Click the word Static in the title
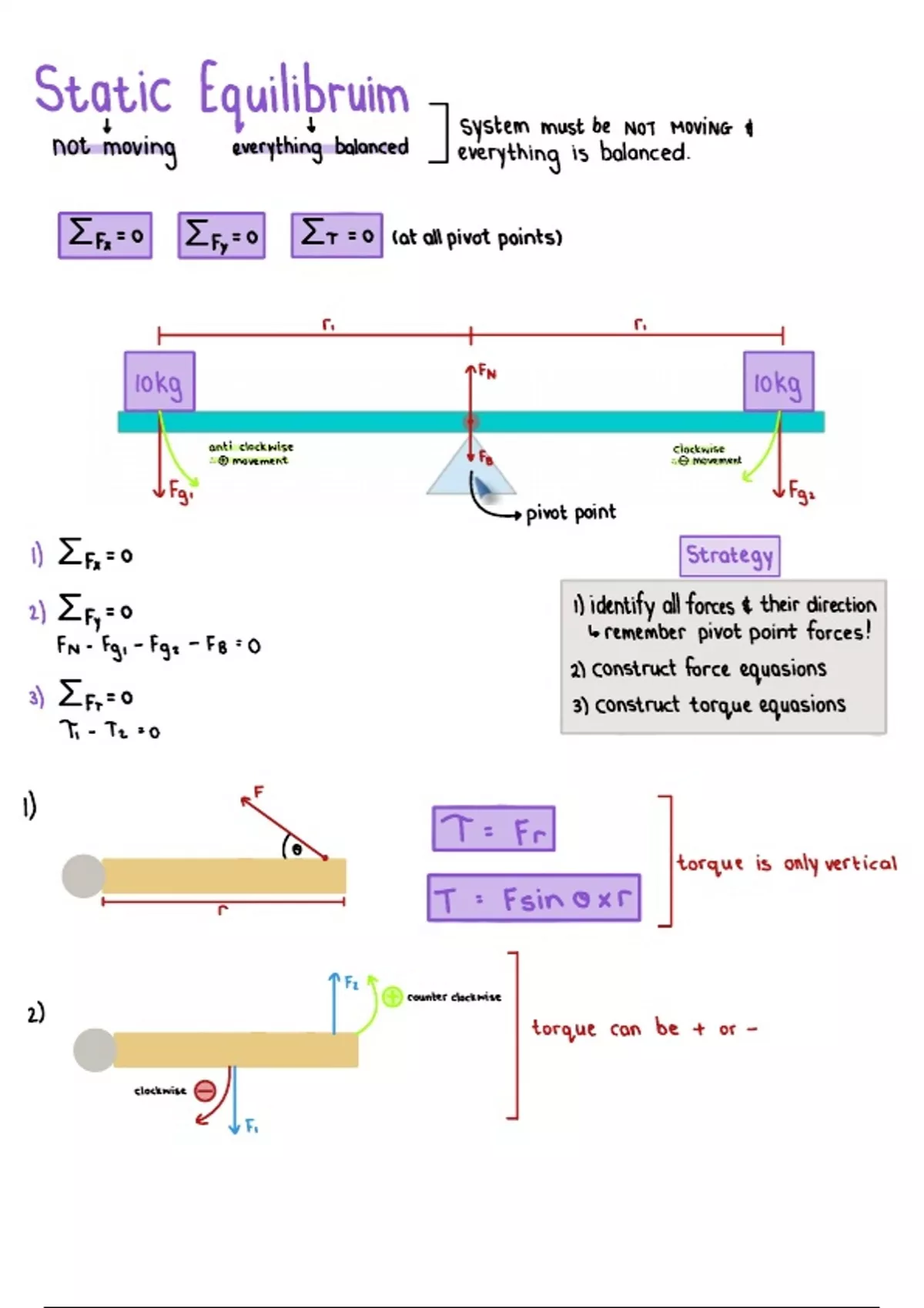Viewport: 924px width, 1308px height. [x=102, y=92]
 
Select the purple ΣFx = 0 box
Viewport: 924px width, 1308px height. [x=105, y=235]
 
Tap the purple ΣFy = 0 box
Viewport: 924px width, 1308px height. [x=222, y=235]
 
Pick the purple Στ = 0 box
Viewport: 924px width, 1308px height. [x=336, y=235]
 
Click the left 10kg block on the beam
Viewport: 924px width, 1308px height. [x=159, y=382]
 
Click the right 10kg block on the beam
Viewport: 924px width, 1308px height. [x=778, y=382]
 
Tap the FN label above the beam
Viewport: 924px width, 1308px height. [x=487, y=372]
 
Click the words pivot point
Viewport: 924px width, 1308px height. [x=571, y=513]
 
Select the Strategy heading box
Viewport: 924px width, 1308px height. [x=729, y=556]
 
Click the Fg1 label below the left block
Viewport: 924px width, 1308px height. [x=181, y=491]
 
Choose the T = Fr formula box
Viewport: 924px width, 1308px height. [x=494, y=829]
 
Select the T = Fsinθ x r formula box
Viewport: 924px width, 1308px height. [x=534, y=898]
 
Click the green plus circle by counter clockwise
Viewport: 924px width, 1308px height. [x=393, y=997]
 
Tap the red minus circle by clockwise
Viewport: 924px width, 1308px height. [x=205, y=1090]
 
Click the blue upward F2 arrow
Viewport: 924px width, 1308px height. [x=334, y=1004]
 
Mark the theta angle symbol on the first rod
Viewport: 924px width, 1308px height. [x=296, y=849]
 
